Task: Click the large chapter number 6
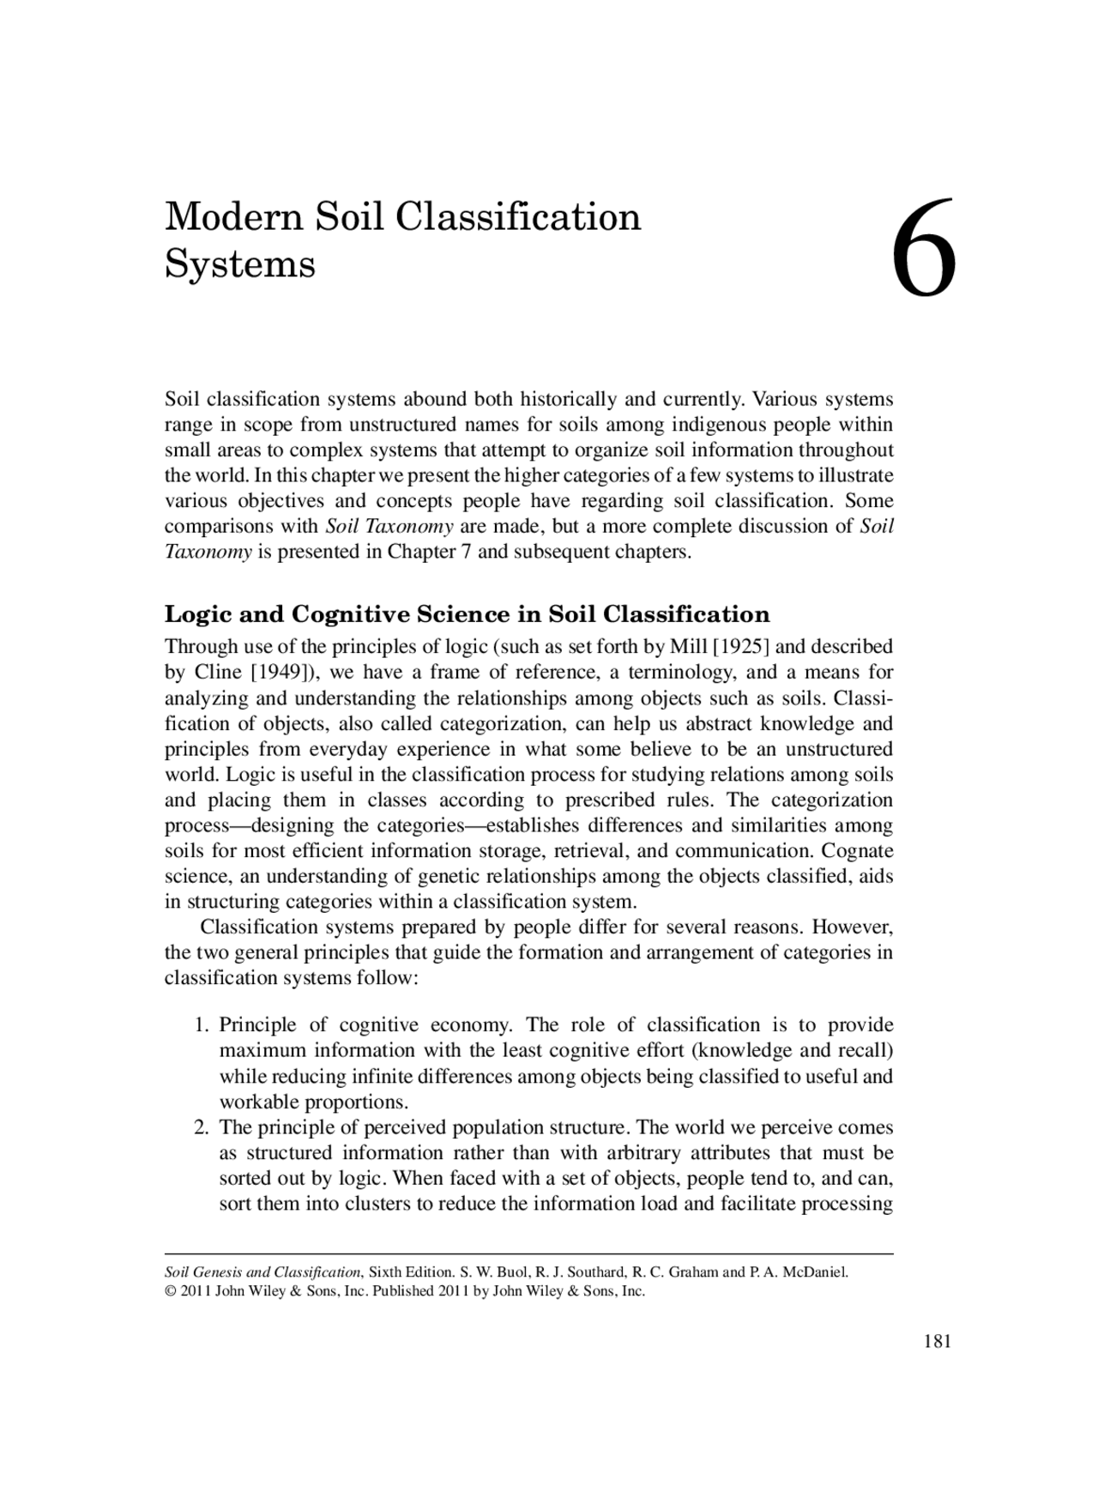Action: coord(924,250)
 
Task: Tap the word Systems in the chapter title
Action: coord(239,263)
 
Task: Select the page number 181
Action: coord(938,1342)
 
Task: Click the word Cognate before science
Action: coord(857,851)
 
